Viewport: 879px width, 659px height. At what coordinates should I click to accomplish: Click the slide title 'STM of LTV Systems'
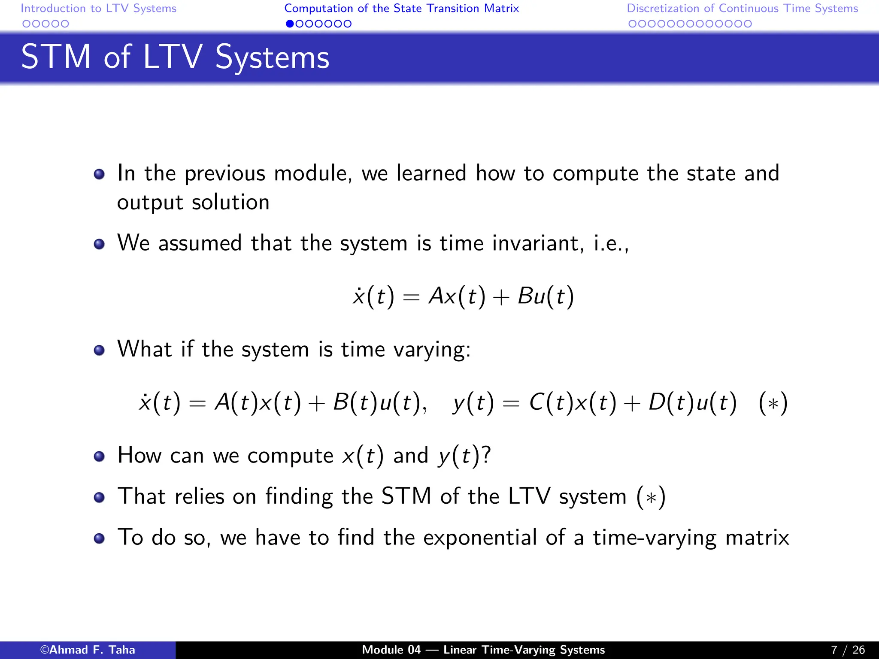pyautogui.click(x=175, y=57)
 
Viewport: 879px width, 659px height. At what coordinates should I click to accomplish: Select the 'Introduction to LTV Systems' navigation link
pyautogui.click(x=98, y=8)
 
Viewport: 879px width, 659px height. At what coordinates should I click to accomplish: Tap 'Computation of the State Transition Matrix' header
pyautogui.click(x=401, y=8)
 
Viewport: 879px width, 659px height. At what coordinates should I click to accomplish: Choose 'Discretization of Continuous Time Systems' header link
pyautogui.click(x=742, y=8)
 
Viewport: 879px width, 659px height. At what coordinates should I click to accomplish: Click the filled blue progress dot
pyautogui.click(x=290, y=24)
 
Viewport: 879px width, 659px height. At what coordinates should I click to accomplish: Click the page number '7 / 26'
pyautogui.click(x=848, y=650)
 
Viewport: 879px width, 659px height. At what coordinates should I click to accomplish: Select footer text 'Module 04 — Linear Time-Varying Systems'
pyautogui.click(x=483, y=650)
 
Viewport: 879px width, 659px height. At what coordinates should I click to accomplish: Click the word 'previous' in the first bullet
pyautogui.click(x=225, y=174)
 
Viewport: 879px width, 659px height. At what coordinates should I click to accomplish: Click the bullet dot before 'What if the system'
pyautogui.click(x=99, y=350)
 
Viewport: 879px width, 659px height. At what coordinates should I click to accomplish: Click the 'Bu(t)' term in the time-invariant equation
pyautogui.click(x=546, y=296)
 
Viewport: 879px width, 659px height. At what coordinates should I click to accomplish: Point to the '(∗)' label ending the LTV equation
pyautogui.click(x=773, y=403)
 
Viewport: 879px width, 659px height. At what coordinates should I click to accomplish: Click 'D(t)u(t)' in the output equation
pyautogui.click(x=692, y=403)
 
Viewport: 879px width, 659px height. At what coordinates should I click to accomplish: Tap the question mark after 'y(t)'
pyautogui.click(x=486, y=455)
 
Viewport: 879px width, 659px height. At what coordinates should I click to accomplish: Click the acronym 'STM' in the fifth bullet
pyautogui.click(x=406, y=496)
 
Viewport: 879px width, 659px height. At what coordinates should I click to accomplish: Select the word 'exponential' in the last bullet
pyautogui.click(x=480, y=538)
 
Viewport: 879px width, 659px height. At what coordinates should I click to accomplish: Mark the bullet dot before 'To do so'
pyautogui.click(x=99, y=538)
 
